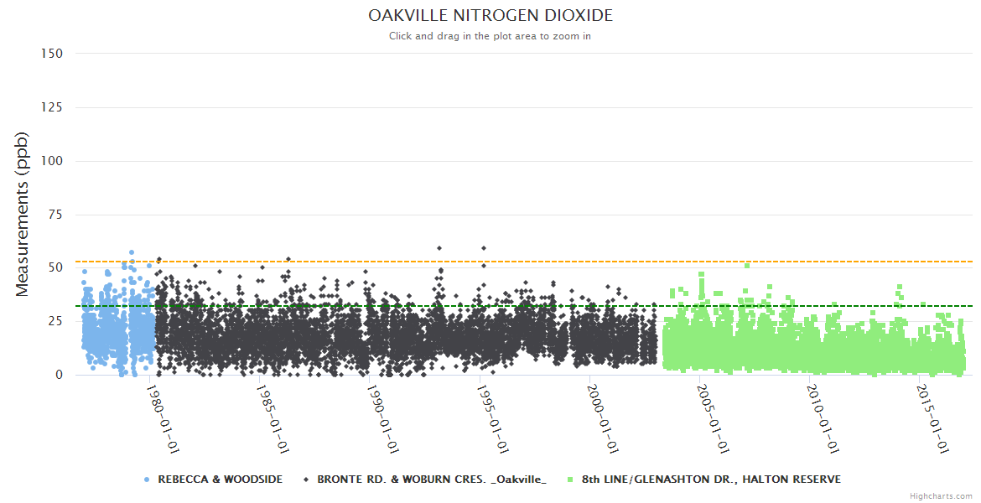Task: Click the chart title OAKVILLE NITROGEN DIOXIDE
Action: click(490, 16)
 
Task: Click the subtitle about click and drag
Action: click(490, 36)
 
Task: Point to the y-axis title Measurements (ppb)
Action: click(23, 214)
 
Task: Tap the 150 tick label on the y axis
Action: click(51, 53)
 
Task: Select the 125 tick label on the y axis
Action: click(51, 106)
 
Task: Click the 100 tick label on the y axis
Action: click(51, 160)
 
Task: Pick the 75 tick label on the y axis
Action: click(54, 214)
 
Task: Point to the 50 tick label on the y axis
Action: click(54, 267)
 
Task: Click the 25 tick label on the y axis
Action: click(54, 321)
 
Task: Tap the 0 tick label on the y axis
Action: click(59, 375)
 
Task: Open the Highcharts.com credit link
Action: click(941, 496)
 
